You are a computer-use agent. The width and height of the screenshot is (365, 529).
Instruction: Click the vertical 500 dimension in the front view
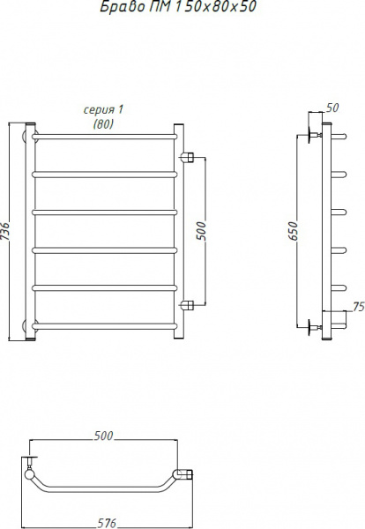click(x=201, y=231)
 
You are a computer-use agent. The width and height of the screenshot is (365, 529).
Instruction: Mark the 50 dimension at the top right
click(x=332, y=108)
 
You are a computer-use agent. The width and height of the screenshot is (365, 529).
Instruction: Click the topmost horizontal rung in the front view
click(x=106, y=137)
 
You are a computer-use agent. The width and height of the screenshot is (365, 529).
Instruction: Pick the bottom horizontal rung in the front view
click(x=106, y=329)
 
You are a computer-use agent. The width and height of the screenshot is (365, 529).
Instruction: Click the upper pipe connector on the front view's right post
click(x=186, y=159)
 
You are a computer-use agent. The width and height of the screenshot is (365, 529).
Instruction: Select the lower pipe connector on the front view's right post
click(x=186, y=306)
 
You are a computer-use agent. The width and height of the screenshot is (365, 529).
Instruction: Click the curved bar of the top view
click(x=106, y=490)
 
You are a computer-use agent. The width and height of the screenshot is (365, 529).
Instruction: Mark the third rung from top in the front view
click(x=106, y=212)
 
